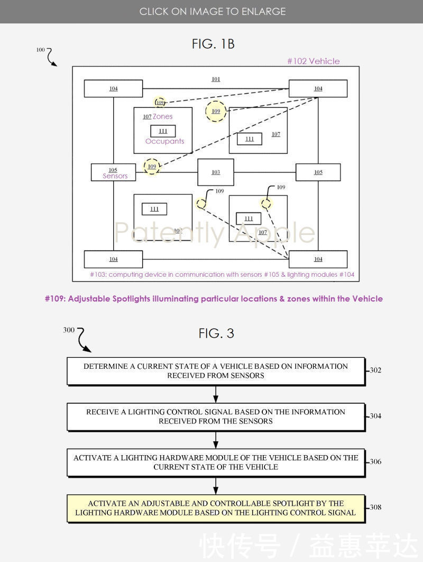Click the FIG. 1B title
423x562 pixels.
[x=213, y=44]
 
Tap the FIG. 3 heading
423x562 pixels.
[x=216, y=333]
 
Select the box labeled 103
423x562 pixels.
[x=216, y=172]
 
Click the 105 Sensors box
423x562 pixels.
[x=113, y=173]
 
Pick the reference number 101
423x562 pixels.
[x=216, y=79]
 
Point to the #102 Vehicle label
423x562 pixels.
[x=313, y=61]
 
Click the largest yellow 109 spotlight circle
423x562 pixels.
[x=216, y=112]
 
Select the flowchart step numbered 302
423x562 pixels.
[x=216, y=371]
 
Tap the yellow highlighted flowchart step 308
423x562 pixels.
[x=216, y=508]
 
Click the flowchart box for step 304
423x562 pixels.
[x=216, y=416]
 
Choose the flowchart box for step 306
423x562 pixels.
[x=216, y=462]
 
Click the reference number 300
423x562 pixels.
[x=69, y=330]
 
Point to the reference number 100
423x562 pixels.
[x=41, y=50]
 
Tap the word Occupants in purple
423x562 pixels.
[x=165, y=141]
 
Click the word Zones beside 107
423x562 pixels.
[x=163, y=116]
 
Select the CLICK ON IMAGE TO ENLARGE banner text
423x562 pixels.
[x=213, y=11]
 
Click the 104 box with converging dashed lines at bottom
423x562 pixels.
[x=318, y=259]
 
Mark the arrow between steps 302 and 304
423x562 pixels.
[x=216, y=394]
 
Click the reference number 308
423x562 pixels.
[x=375, y=507]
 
